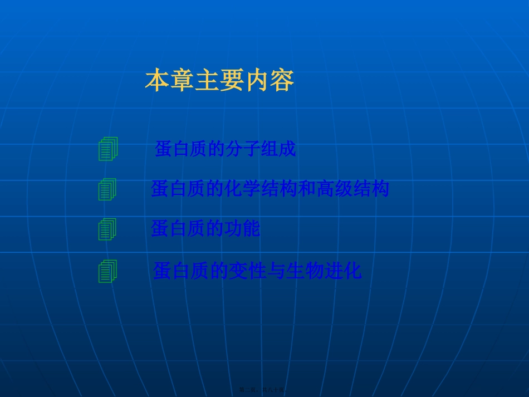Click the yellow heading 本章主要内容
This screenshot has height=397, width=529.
(x=219, y=81)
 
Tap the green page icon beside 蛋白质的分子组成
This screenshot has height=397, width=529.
(x=108, y=149)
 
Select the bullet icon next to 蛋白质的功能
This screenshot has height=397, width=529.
(x=107, y=229)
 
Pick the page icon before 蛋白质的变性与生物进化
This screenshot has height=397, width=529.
(x=107, y=272)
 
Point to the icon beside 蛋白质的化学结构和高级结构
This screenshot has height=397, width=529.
(x=107, y=190)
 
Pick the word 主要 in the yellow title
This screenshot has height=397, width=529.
(x=219, y=81)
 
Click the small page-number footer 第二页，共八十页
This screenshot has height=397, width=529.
(x=262, y=390)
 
